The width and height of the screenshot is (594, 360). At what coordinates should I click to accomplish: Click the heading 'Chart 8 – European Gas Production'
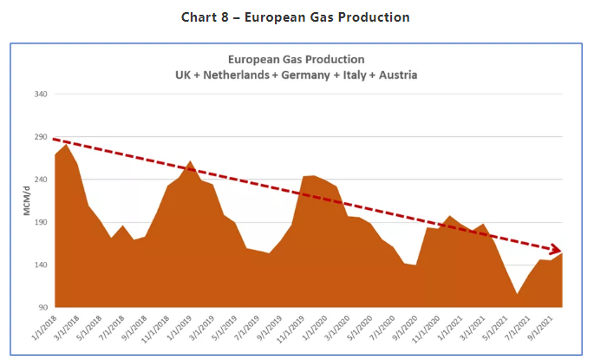(x=296, y=16)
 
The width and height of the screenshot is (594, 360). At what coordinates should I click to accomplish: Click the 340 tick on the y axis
(x=37, y=95)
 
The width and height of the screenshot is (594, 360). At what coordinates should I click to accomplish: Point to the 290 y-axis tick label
(x=37, y=137)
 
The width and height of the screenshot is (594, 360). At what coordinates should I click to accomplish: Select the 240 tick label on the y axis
(x=37, y=180)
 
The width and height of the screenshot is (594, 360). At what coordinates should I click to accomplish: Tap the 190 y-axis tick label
(x=37, y=222)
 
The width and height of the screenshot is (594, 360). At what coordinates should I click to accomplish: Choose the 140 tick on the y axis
(x=37, y=265)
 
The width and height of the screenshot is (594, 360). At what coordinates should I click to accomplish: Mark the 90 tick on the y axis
(x=39, y=307)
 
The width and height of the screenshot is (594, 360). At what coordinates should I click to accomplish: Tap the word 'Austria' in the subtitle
(x=396, y=75)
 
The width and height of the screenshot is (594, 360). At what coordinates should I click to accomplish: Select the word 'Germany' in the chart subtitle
(x=305, y=75)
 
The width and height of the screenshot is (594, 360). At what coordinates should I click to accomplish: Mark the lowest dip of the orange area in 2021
(x=518, y=294)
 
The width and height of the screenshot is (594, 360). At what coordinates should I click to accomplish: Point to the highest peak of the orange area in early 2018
(x=67, y=144)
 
